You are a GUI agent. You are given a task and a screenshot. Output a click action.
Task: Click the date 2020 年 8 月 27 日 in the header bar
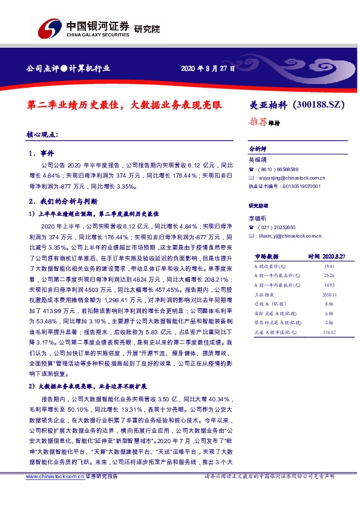click(x=206, y=67)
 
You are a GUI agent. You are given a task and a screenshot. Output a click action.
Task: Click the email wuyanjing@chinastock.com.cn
click(x=291, y=178)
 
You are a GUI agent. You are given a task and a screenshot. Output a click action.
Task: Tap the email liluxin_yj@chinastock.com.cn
click(x=293, y=235)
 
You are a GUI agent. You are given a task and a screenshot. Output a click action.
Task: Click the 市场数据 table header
click(x=266, y=256)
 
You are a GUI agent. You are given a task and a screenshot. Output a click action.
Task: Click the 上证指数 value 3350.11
click(x=329, y=294)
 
